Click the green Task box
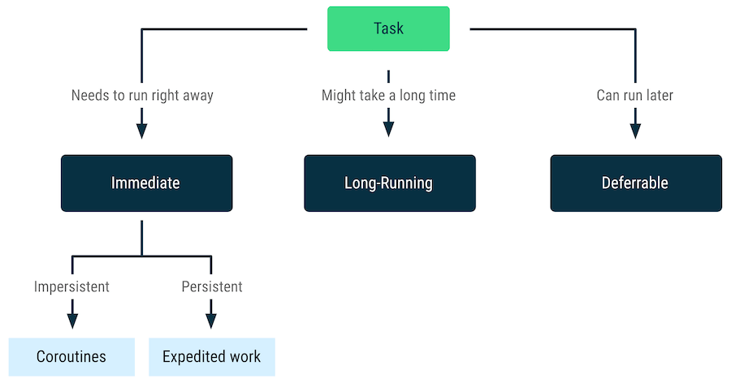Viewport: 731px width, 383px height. pyautogui.click(x=388, y=29)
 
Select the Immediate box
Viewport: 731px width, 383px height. pyautogui.click(x=146, y=183)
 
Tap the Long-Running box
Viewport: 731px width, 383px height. pyautogui.click(x=389, y=183)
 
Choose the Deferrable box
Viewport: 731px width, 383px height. pyautogui.click(x=635, y=183)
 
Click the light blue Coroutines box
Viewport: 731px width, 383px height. pyautogui.click(x=71, y=357)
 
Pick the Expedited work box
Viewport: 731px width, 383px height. pyautogui.click(x=211, y=357)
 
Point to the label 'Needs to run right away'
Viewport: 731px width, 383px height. pyautogui.click(x=142, y=96)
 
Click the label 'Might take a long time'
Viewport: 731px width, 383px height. pyautogui.click(x=388, y=96)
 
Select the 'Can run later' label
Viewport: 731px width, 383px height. pyautogui.click(x=634, y=96)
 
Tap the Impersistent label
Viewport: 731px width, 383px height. pyautogui.click(x=71, y=286)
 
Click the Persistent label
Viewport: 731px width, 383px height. pyautogui.click(x=211, y=286)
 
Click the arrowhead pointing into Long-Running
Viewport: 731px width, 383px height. pyautogui.click(x=388, y=128)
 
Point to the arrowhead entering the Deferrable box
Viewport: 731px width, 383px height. pyautogui.click(x=635, y=130)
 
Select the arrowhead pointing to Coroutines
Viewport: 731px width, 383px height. pyautogui.click(x=72, y=320)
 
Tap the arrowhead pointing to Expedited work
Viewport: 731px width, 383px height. pyautogui.click(x=211, y=320)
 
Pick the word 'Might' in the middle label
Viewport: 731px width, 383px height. pyautogui.click(x=340, y=96)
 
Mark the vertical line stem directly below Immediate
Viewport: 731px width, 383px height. pyautogui.click(x=142, y=237)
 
